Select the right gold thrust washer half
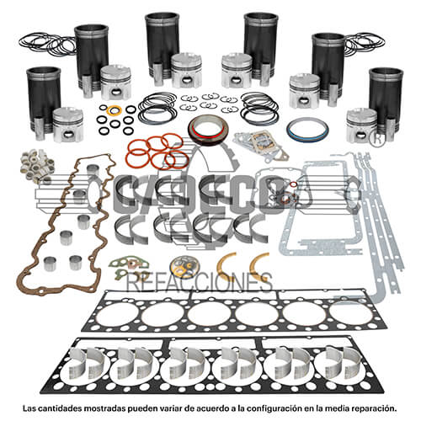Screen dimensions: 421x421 click(x=258, y=263)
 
